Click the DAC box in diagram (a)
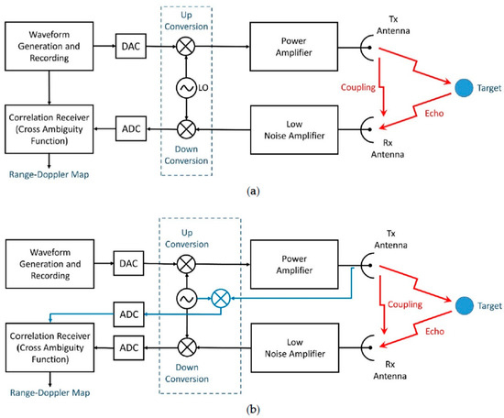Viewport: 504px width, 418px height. coord(131,46)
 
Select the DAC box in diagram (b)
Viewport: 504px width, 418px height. coord(128,263)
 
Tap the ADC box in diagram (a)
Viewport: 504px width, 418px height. coord(131,128)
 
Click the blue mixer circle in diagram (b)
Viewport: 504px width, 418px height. coord(221,299)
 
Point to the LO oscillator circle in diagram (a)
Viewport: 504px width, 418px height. coord(186,87)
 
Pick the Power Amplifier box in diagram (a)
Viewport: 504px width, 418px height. coord(294,47)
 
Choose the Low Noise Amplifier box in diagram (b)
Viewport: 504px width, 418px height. coord(295,348)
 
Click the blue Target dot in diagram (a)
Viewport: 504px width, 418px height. coord(464,87)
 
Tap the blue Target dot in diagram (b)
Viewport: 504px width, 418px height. coord(465,305)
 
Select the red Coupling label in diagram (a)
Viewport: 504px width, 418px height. coord(358,87)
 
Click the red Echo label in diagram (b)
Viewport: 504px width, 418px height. coord(434,332)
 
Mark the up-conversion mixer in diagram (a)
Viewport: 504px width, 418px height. coord(186,46)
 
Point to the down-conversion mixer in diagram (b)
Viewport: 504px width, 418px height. coord(187,347)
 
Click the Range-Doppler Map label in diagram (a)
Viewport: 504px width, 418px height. coord(49,174)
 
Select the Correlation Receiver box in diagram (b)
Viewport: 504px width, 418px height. coord(49,347)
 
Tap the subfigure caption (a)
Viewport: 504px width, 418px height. coord(253,192)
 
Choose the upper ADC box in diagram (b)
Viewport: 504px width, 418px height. coord(128,314)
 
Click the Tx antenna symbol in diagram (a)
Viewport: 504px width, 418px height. coord(364,48)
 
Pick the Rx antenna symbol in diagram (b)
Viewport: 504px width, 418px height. coord(365,347)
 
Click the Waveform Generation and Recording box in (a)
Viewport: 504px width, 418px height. coord(49,47)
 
